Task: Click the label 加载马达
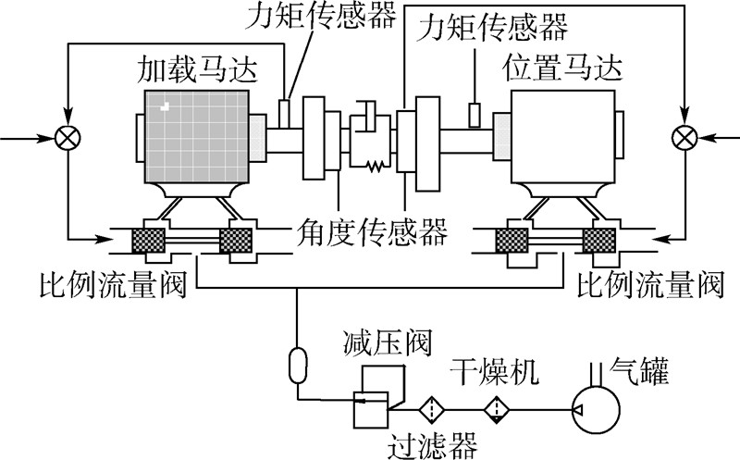tap(197, 70)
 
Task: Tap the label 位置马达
tap(561, 68)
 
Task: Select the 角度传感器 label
tap(372, 232)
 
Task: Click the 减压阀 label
tap(388, 342)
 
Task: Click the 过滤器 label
tap(433, 445)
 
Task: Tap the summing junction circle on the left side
tap(68, 139)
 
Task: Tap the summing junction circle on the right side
tap(684, 138)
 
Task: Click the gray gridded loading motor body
tap(197, 137)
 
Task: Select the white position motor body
tap(563, 137)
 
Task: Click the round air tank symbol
tap(596, 410)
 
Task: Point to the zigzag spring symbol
tap(376, 166)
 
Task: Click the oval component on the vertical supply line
tap(298, 365)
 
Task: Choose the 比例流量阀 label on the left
tap(113, 284)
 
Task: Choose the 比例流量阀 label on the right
tap(651, 284)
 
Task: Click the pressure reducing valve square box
tap(372, 410)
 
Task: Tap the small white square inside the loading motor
tap(165, 106)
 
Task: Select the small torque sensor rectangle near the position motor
tap(475, 116)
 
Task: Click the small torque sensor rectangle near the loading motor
tap(285, 114)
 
